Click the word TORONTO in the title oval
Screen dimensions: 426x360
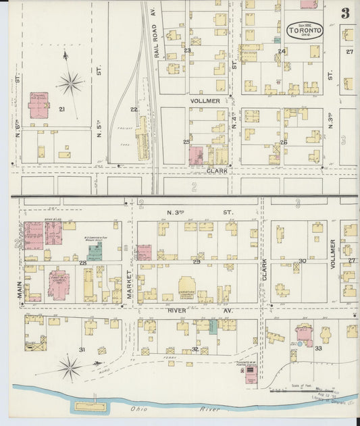305,30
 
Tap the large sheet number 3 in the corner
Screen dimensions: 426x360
345,14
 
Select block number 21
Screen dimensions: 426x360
61,109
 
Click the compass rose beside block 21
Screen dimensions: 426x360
70,83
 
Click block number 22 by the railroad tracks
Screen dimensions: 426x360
134,109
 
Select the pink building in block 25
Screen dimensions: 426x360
196,156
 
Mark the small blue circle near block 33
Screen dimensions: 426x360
292,344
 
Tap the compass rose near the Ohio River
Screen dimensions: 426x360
70,368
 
